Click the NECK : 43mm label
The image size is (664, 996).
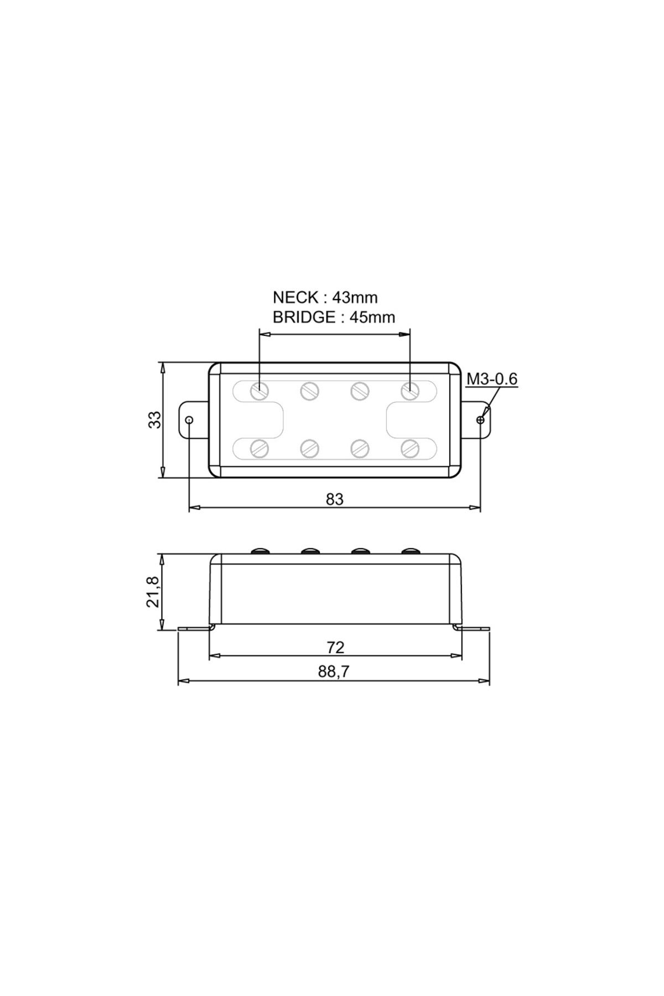coord(325,298)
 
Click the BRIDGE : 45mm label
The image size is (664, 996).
coord(334,318)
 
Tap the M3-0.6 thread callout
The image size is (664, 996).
coord(492,379)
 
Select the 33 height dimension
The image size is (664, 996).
coord(155,419)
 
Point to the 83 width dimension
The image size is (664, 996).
coord(334,499)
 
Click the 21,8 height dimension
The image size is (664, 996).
coord(153,592)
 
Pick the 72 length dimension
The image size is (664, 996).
coord(335,647)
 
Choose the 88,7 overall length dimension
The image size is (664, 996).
coord(334,672)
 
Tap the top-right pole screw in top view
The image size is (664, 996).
coord(409,391)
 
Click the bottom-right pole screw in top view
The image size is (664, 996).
coord(409,448)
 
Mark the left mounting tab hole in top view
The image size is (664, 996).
coord(189,420)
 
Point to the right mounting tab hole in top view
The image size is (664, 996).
coord(480,420)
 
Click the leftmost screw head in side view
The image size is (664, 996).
coord(260,551)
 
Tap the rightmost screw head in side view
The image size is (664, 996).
coord(411,551)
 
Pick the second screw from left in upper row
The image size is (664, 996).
coord(309,391)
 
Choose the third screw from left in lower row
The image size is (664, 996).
coord(360,448)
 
